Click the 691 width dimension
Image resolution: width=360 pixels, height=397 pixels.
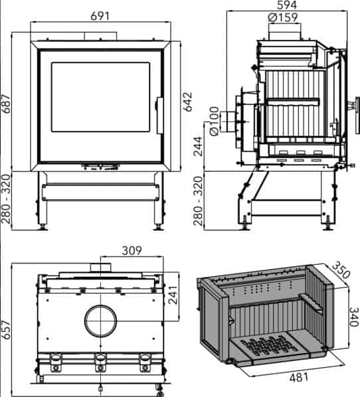pyautogui.click(x=100, y=16)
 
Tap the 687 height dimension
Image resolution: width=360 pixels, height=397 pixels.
pyautogui.click(x=5, y=104)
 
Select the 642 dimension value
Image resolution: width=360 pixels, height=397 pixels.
pyautogui.click(x=188, y=102)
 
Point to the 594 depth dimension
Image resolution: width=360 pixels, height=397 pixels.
pyautogui.click(x=287, y=5)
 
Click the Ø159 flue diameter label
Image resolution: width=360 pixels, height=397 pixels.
pyautogui.click(x=283, y=17)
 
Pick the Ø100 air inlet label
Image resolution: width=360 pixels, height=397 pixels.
pyautogui.click(x=214, y=121)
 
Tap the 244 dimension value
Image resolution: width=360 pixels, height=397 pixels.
pyautogui.click(x=198, y=147)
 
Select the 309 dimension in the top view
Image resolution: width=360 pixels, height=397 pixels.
pyautogui.click(x=132, y=251)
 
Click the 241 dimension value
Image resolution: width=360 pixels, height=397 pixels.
pyautogui.click(x=173, y=295)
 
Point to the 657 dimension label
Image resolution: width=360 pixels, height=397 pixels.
pyautogui.click(x=5, y=330)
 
